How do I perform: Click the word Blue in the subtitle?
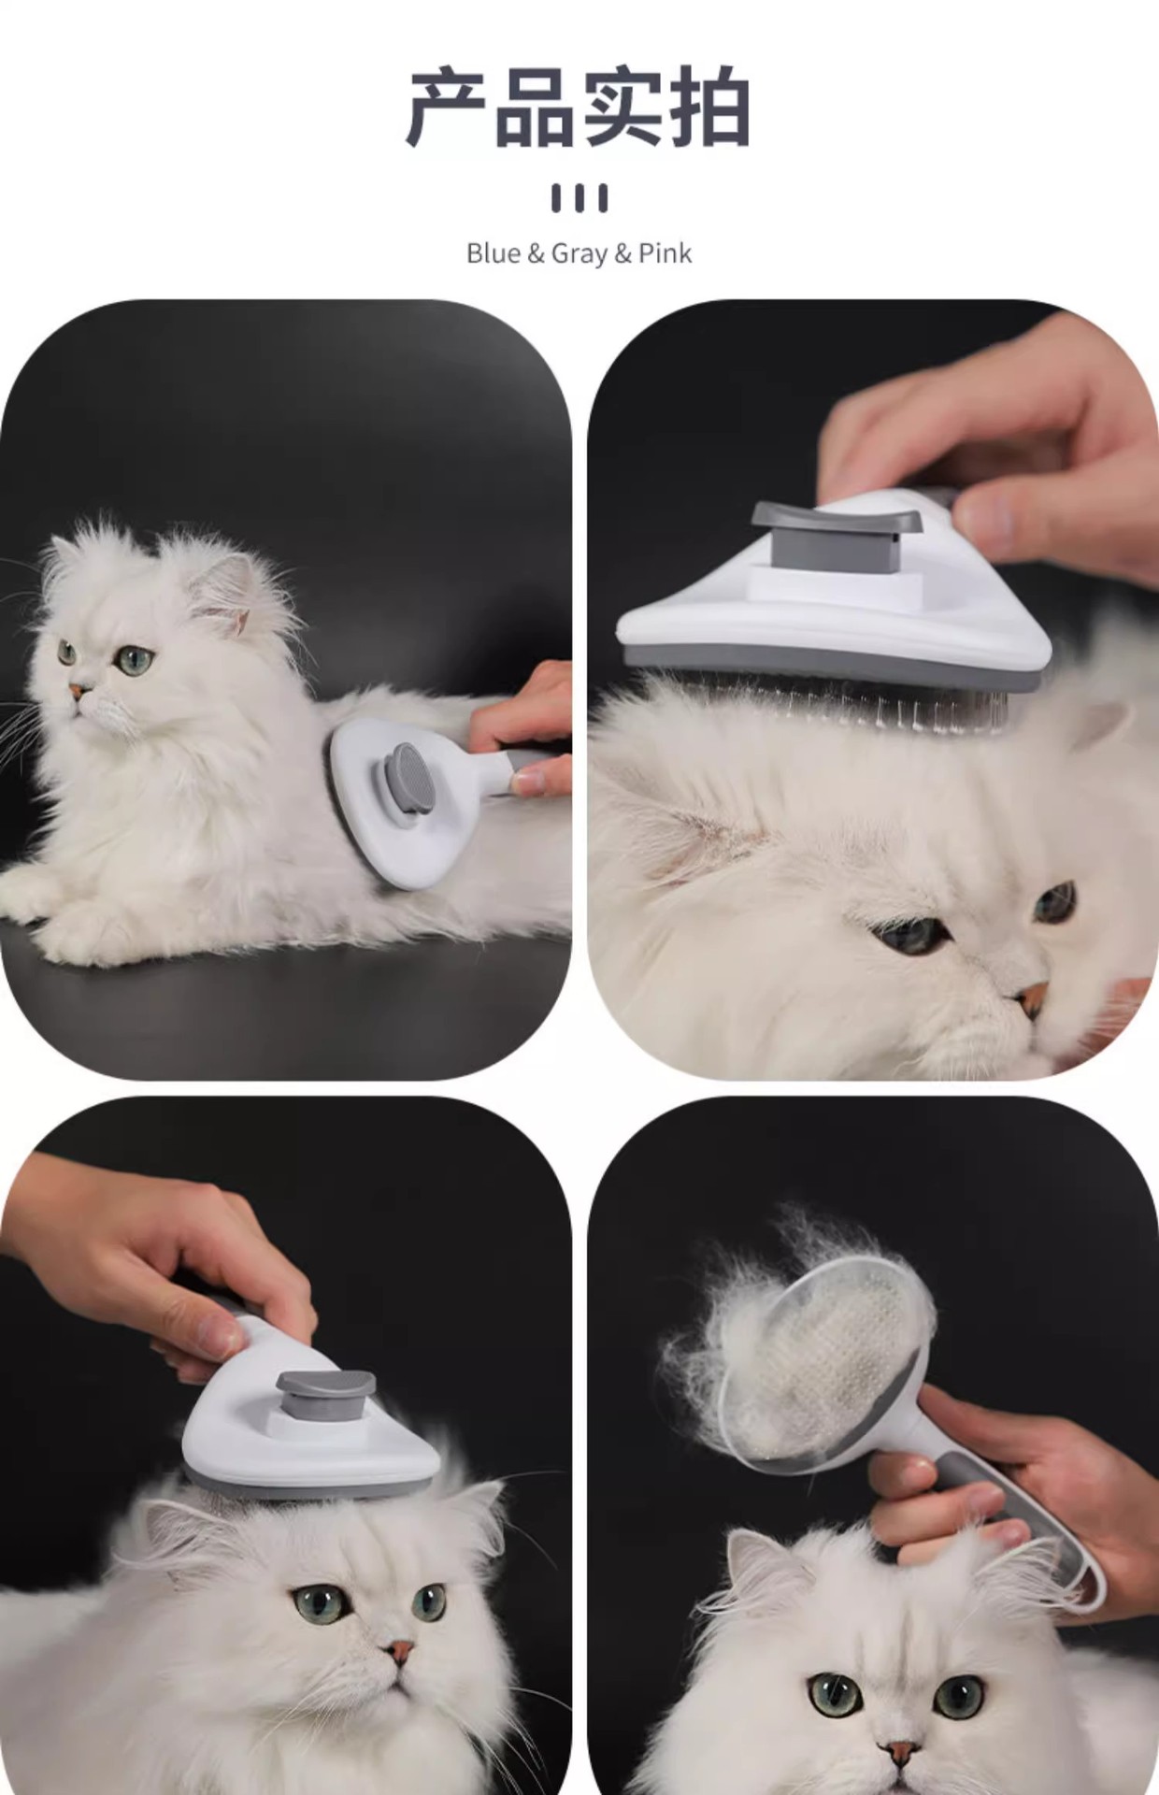tap(493, 253)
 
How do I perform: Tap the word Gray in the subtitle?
tap(579, 254)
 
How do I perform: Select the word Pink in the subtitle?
tap(665, 253)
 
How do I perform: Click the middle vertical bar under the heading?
tap(579, 198)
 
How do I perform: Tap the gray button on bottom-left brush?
tap(325, 1398)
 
